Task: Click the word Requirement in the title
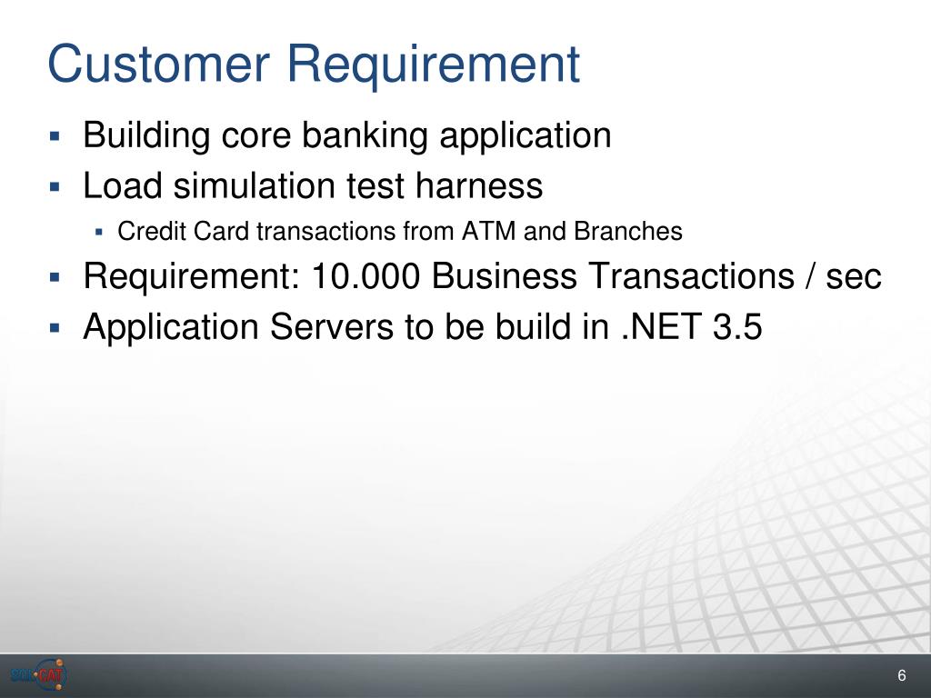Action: [x=434, y=65]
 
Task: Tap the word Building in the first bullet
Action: [x=146, y=135]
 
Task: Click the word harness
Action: [x=478, y=185]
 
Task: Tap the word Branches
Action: [x=628, y=232]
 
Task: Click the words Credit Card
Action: [x=183, y=232]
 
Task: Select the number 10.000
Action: [x=365, y=276]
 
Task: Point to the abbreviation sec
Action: [x=854, y=278]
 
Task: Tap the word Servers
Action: [x=331, y=326]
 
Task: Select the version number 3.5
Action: [x=737, y=326]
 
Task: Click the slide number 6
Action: [x=901, y=675]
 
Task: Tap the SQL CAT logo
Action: [x=38, y=675]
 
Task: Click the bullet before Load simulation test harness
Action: [x=55, y=187]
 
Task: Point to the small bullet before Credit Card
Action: [x=98, y=232]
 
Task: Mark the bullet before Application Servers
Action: [x=55, y=327]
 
